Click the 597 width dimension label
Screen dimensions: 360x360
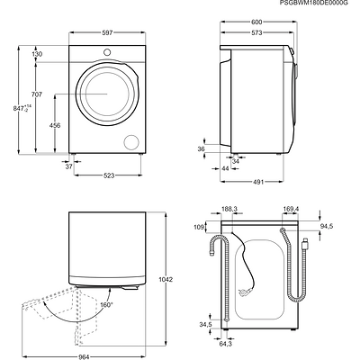(107, 32)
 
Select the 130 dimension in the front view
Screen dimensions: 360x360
(37, 54)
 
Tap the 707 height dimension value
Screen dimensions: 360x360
(37, 94)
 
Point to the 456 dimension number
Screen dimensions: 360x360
(55, 125)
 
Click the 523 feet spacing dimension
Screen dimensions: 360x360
(109, 175)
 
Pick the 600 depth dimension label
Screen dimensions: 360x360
(256, 22)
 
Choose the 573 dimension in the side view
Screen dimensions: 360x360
(256, 32)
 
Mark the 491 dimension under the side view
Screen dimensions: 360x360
(258, 182)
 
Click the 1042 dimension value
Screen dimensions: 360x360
(166, 280)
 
